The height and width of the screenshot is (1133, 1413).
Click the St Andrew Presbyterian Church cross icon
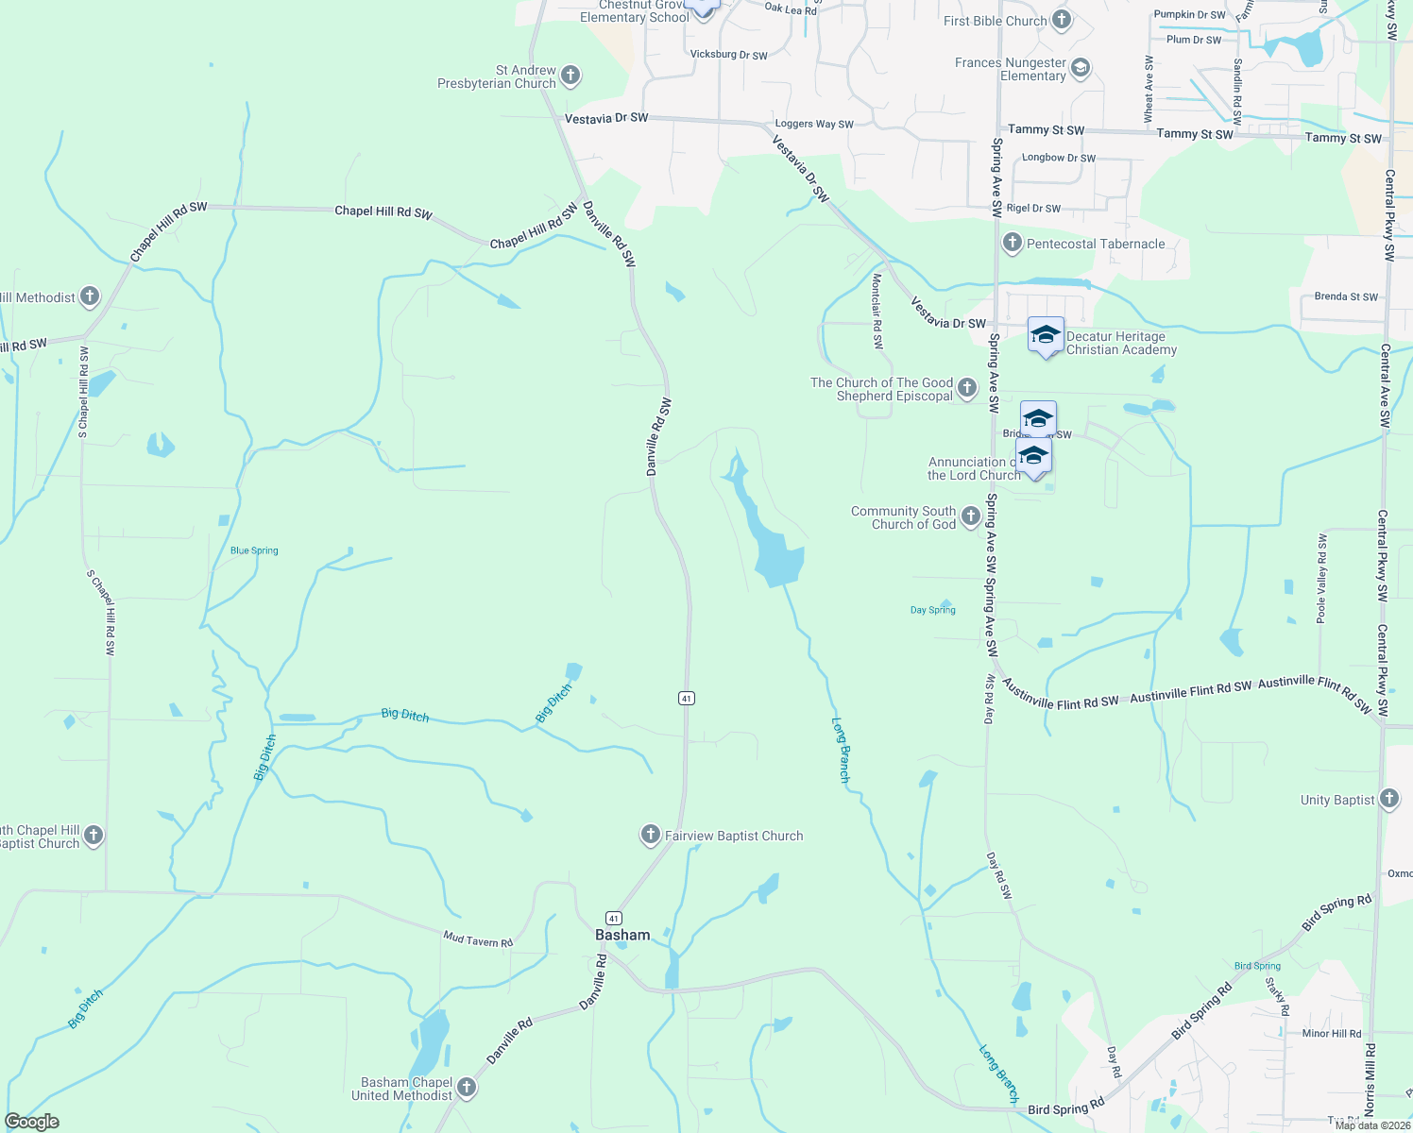point(570,76)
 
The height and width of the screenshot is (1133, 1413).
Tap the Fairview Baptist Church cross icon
point(650,835)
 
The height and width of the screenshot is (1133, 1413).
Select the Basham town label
point(622,935)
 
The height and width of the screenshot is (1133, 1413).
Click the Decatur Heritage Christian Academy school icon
point(1046,335)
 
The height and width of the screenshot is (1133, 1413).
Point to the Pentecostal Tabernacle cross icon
point(1012,244)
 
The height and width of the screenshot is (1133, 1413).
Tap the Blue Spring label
point(254,550)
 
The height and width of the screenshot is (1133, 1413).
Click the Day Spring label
point(932,610)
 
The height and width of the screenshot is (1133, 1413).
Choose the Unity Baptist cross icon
point(1388,800)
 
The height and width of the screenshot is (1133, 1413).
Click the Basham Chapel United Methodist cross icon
point(466,1088)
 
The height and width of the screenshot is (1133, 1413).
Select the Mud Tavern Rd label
point(478,940)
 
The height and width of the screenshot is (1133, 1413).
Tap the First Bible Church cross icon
point(1061,20)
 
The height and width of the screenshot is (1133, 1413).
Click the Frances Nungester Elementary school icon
point(1081,68)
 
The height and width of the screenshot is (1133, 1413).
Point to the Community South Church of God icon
point(970,516)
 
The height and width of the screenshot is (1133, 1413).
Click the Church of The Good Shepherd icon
point(966,388)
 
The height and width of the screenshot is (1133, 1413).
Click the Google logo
point(31,1122)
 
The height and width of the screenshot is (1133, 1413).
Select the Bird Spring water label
point(1257,966)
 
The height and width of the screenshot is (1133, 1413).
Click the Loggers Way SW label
point(813,124)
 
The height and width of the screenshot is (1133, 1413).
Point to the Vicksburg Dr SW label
point(728,55)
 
